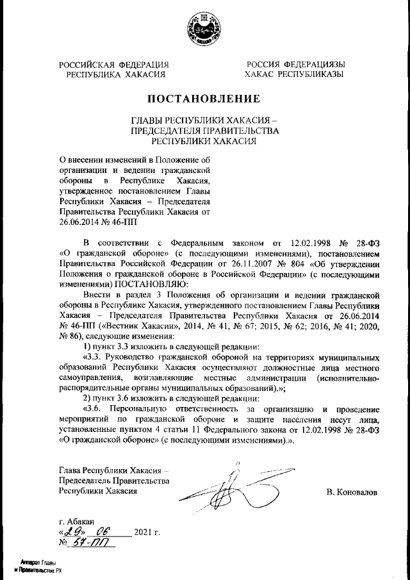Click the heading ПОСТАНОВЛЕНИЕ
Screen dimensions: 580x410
click(x=204, y=99)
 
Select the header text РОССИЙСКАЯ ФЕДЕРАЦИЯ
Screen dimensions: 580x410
click(x=114, y=65)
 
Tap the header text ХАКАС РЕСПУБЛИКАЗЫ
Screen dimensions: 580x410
click(x=295, y=74)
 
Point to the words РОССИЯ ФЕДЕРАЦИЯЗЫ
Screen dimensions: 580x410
click(x=295, y=65)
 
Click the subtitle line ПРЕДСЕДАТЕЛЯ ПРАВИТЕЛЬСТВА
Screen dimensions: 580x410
click(x=204, y=131)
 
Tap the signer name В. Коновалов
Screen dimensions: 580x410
click(x=351, y=492)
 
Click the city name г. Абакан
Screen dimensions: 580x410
click(x=75, y=521)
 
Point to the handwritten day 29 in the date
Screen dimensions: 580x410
click(x=71, y=532)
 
